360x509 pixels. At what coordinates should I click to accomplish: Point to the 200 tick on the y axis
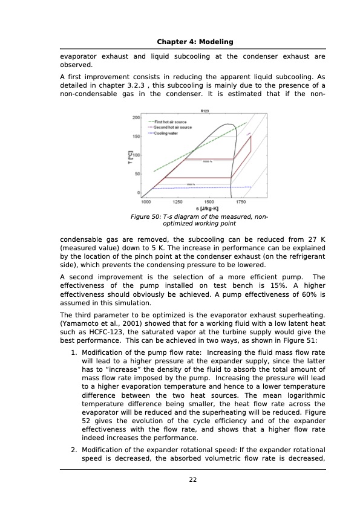tap(136, 117)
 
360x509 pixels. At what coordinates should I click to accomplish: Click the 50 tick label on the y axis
tap(137, 174)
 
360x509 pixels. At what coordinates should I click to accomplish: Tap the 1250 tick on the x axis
tap(178, 202)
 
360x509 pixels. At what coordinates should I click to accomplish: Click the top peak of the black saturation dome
tap(226, 125)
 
